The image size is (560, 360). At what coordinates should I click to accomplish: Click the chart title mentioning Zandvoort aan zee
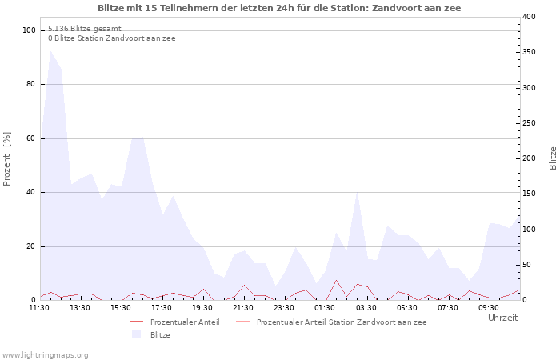(x=279, y=8)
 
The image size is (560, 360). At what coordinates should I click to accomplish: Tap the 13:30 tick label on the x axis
(x=80, y=307)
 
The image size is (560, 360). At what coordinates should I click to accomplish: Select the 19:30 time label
(x=202, y=307)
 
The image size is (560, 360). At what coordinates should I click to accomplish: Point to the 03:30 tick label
(x=366, y=307)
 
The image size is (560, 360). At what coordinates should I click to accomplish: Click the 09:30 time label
(x=488, y=307)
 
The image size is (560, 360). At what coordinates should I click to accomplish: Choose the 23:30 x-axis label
(x=284, y=307)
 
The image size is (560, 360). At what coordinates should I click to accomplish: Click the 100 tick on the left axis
(x=30, y=30)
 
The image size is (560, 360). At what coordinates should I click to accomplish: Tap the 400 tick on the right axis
(x=529, y=17)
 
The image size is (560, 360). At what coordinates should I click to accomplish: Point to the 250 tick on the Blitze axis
(x=529, y=123)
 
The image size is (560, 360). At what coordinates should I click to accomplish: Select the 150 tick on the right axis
(x=529, y=194)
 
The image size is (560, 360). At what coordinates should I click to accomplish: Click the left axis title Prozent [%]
(x=8, y=158)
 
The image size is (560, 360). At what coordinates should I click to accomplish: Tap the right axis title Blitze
(x=553, y=158)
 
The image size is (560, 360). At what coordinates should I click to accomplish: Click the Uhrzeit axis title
(x=502, y=318)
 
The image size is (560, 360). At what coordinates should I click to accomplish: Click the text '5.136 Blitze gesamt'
(x=85, y=28)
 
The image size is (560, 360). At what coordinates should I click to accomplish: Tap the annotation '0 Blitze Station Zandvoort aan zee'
(x=111, y=38)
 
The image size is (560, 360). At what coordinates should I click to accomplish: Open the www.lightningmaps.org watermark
(x=45, y=354)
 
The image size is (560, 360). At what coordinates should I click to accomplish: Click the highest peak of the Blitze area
(x=50, y=51)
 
